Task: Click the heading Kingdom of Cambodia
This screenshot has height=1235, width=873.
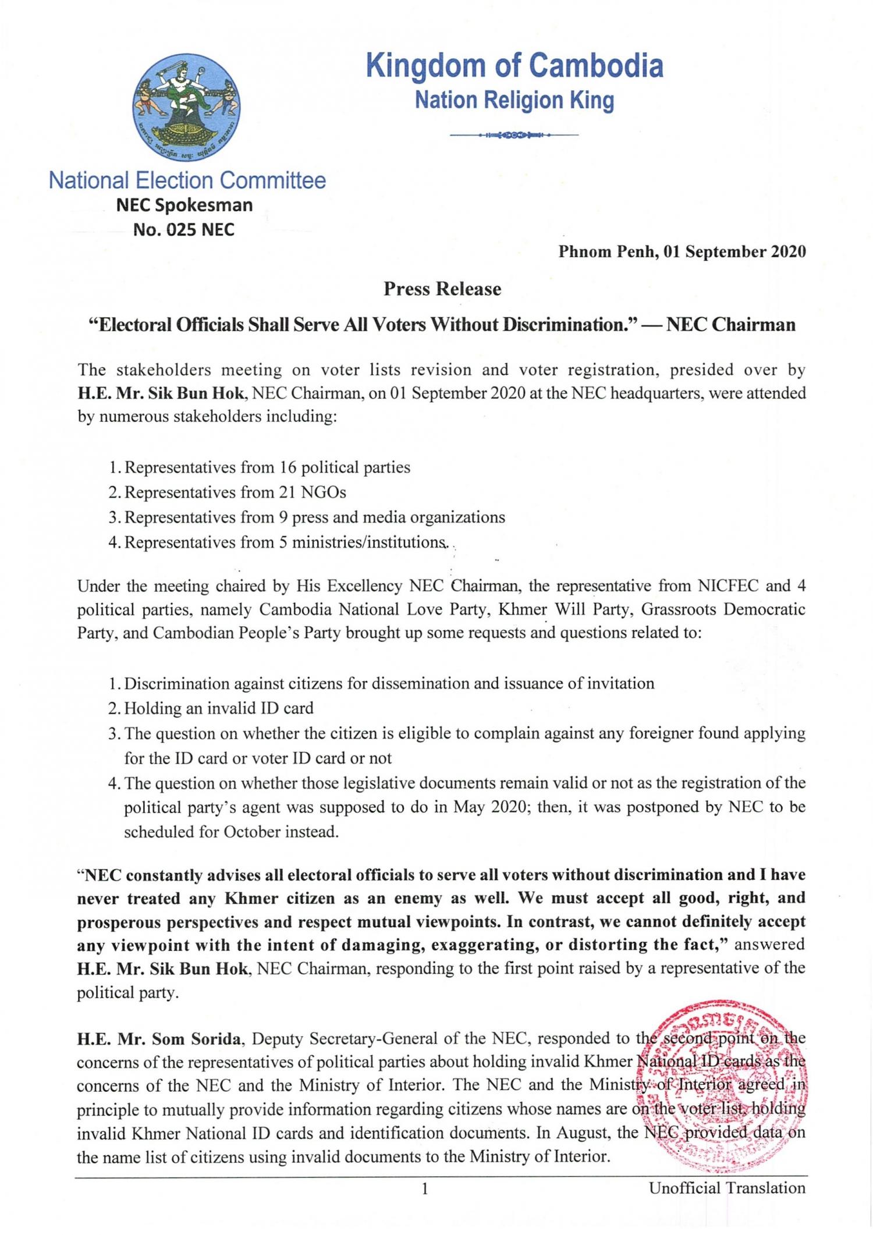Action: tap(514, 66)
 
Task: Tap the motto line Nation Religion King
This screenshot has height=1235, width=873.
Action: tap(514, 100)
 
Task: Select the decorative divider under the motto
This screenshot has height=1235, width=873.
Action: tap(514, 136)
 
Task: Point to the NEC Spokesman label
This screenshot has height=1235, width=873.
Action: tap(184, 205)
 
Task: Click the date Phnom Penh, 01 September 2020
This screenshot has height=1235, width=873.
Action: tap(682, 252)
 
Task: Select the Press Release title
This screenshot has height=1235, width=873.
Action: tap(442, 289)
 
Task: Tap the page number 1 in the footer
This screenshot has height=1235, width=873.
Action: tap(424, 1188)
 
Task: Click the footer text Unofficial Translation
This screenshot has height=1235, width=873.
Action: tap(727, 1188)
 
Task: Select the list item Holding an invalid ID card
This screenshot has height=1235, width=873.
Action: tap(219, 708)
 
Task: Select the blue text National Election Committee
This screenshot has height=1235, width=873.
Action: tap(187, 180)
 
